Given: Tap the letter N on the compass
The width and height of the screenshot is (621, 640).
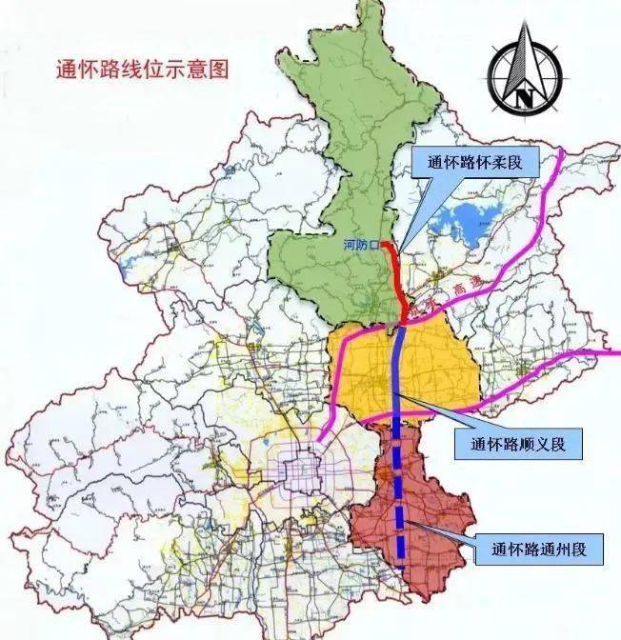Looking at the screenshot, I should click(523, 95).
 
